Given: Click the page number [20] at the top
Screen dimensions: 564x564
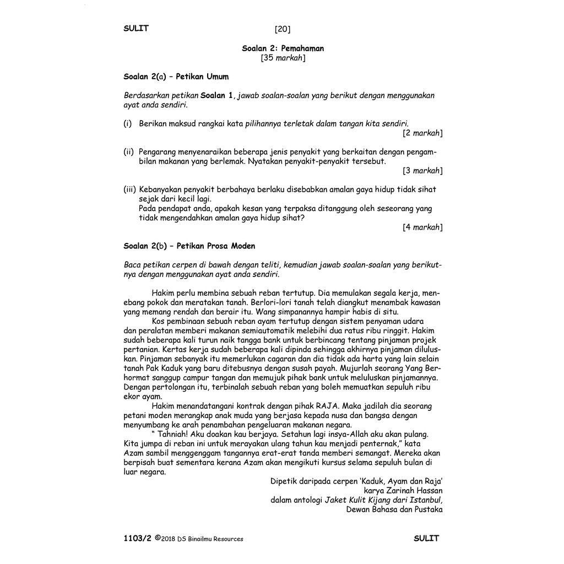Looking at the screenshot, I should [x=282, y=29].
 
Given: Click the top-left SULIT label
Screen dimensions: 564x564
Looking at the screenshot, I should [x=136, y=29].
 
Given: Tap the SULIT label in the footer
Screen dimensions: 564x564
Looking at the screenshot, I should [x=426, y=538].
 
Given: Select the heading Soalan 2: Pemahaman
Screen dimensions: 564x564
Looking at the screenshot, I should [x=283, y=48].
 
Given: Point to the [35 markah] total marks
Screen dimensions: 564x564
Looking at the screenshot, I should [x=283, y=58].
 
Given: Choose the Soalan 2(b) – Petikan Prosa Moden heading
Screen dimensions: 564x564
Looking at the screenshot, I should [x=189, y=246].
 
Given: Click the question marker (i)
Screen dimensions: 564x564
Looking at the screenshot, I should [x=128, y=124].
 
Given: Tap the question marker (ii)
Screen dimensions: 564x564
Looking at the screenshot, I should [x=129, y=151].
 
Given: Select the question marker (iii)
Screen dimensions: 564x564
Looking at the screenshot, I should [x=130, y=189].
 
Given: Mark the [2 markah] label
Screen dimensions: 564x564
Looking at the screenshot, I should [x=422, y=133].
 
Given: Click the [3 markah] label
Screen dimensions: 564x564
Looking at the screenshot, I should [x=422, y=171].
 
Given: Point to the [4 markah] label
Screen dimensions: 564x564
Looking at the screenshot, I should [x=422, y=227].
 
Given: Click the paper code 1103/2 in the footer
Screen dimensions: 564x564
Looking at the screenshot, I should [x=137, y=539].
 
